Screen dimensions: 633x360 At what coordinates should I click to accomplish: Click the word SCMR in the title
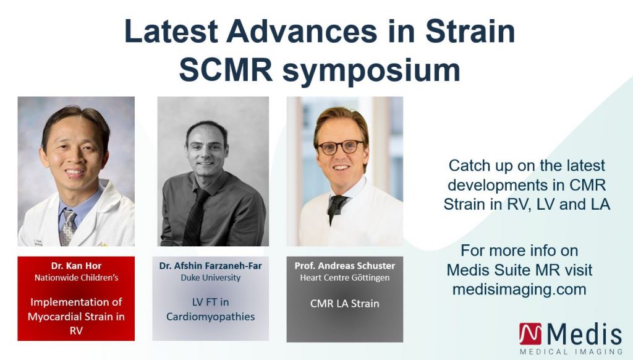(226, 70)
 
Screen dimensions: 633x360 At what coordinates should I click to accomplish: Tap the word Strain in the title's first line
(470, 31)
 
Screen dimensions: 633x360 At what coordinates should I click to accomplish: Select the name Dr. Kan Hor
(76, 266)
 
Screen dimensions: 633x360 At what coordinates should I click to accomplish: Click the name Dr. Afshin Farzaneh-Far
(210, 266)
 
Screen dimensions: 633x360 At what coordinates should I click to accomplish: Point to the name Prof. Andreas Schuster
(345, 266)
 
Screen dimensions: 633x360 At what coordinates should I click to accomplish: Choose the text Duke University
(210, 278)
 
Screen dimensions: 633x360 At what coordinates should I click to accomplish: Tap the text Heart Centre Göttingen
(345, 278)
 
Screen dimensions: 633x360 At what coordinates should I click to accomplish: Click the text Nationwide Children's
(76, 278)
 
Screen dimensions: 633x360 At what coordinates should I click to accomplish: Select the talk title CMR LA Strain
(345, 304)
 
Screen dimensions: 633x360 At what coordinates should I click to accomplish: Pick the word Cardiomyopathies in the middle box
(210, 317)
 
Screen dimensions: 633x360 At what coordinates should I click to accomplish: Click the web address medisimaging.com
(519, 289)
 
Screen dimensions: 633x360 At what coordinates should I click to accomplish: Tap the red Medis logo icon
(530, 334)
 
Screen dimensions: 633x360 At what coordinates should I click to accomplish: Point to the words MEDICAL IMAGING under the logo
(571, 351)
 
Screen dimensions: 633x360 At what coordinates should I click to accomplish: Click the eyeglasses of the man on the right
(341, 147)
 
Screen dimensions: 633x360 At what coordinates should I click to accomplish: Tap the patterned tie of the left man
(67, 228)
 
